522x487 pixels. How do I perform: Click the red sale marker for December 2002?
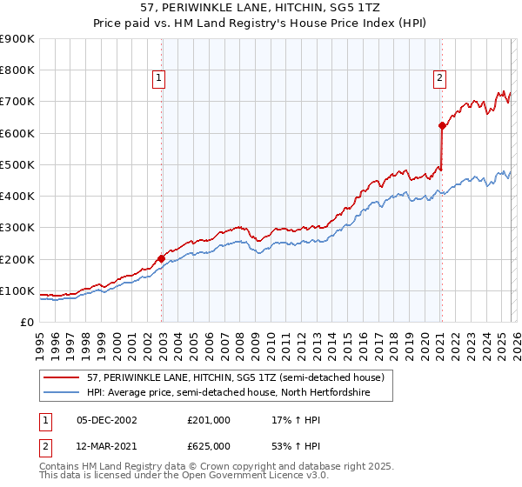[161, 258]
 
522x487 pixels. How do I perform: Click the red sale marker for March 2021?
[442, 125]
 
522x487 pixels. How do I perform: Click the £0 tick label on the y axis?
[27, 323]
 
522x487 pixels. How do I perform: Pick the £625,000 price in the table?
[209, 446]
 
